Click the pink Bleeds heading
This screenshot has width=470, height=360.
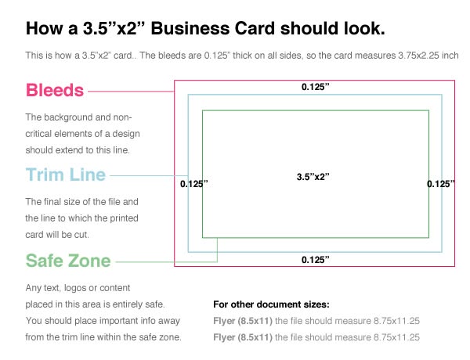(55, 90)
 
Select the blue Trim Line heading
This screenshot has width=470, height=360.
(66, 175)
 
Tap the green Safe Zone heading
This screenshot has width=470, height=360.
(68, 261)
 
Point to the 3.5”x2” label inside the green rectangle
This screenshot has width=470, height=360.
(313, 177)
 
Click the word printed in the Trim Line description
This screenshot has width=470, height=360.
(124, 218)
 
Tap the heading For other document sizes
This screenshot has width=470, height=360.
(271, 304)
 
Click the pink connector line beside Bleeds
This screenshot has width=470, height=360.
(131, 92)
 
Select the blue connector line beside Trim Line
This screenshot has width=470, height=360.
(149, 175)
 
